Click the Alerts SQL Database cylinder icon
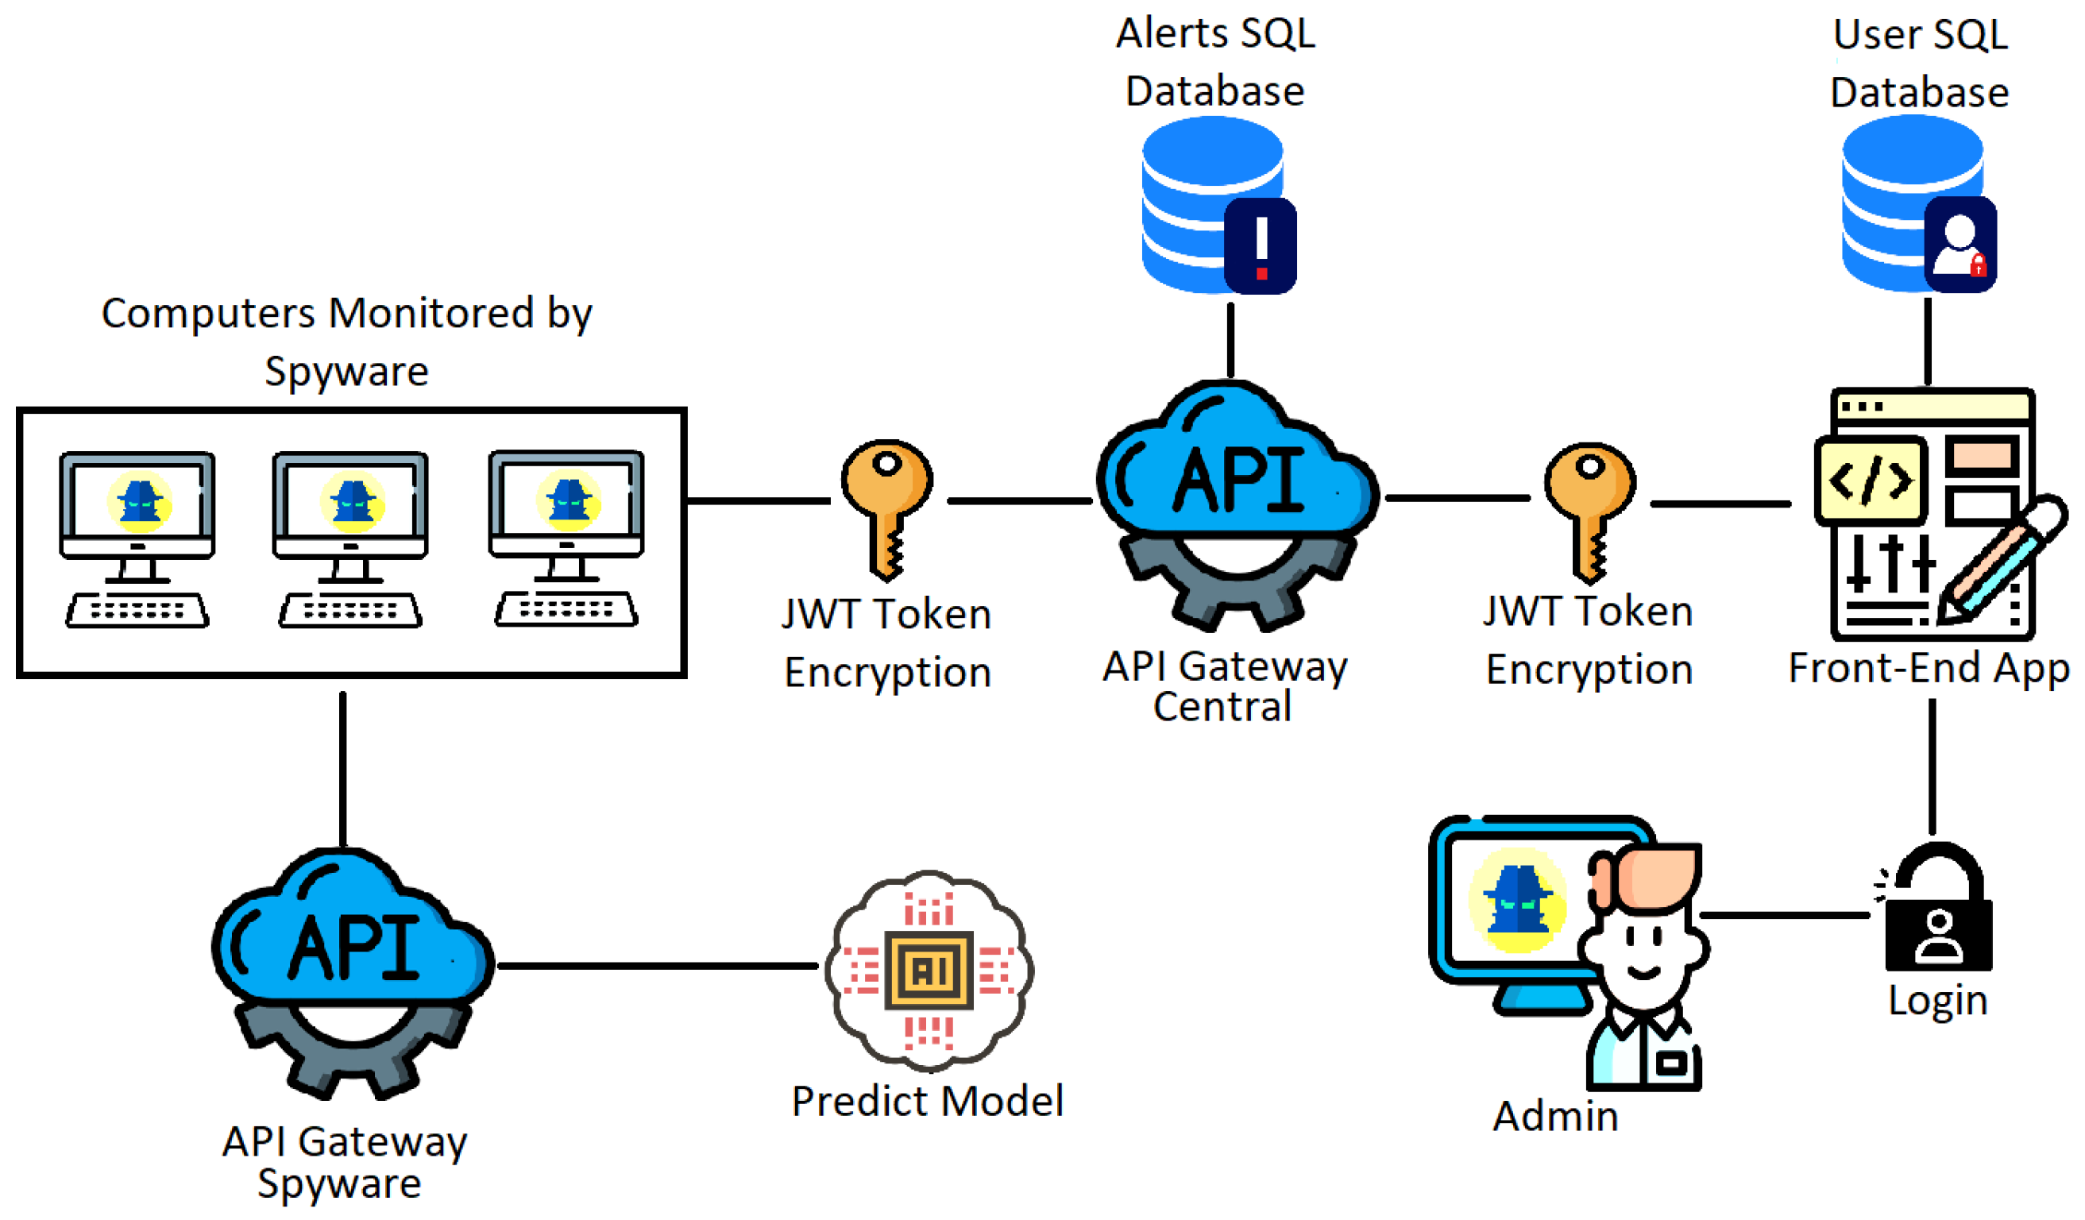coord(1217,204)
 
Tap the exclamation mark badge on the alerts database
coord(1260,245)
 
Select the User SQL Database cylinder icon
coord(1918,203)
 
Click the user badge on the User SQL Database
coord(1960,245)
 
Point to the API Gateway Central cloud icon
coord(1237,504)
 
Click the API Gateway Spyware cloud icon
coord(353,973)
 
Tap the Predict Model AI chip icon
coord(929,971)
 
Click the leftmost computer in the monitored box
coord(137,539)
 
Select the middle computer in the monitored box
coord(350,539)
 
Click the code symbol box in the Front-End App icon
coord(1871,481)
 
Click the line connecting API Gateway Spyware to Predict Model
coord(658,966)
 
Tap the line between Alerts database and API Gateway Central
coord(1231,340)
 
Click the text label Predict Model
coord(928,1101)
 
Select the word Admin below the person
coord(1555,1117)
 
